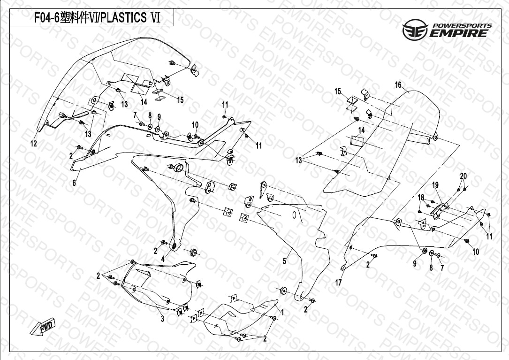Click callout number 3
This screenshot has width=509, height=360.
[x=162, y=320]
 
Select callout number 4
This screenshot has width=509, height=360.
[x=163, y=259]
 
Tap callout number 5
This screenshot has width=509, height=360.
[x=284, y=261]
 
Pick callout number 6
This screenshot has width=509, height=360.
[x=74, y=184]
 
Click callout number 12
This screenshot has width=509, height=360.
[x=34, y=144]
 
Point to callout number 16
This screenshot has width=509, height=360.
[x=398, y=85]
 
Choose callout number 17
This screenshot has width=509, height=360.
[x=338, y=283]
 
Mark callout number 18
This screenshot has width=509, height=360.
[x=421, y=197]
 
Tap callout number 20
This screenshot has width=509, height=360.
[x=463, y=176]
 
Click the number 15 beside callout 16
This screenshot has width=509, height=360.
[x=338, y=92]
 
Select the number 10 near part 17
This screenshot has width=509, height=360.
[x=476, y=252]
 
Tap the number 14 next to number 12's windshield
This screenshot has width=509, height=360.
[x=144, y=102]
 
